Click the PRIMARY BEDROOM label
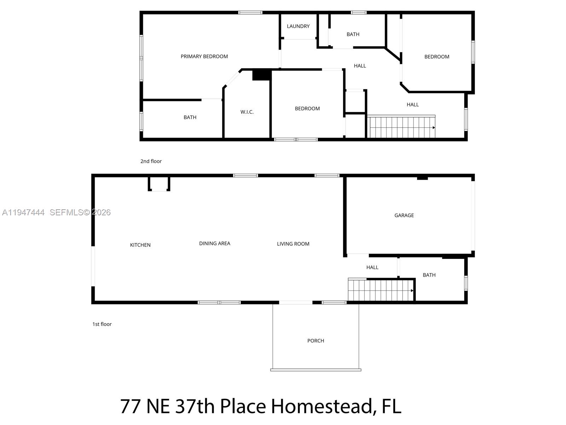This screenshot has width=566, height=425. (x=204, y=56)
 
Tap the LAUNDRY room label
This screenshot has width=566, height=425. (x=298, y=26)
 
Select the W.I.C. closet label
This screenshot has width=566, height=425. (x=247, y=112)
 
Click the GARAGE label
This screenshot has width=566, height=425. (x=404, y=215)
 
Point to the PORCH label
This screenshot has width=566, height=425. (x=316, y=341)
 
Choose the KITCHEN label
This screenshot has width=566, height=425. (x=140, y=245)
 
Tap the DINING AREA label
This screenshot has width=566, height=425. (x=214, y=243)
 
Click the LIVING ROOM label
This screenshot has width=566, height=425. (x=293, y=244)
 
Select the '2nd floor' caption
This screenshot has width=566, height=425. (x=151, y=161)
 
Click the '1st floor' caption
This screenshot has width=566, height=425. (x=102, y=324)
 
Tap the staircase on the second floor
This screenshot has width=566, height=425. (x=402, y=127)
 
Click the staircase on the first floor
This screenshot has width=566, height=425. (x=381, y=290)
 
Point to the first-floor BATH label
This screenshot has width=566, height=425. (x=429, y=275)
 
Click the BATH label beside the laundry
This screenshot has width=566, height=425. (x=353, y=34)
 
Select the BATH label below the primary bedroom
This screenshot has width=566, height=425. (x=190, y=117)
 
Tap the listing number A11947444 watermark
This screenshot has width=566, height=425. (x=23, y=212)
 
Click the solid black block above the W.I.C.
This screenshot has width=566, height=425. (x=261, y=75)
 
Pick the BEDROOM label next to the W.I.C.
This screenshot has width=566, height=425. (x=307, y=109)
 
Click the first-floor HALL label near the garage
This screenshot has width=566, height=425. (x=372, y=267)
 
